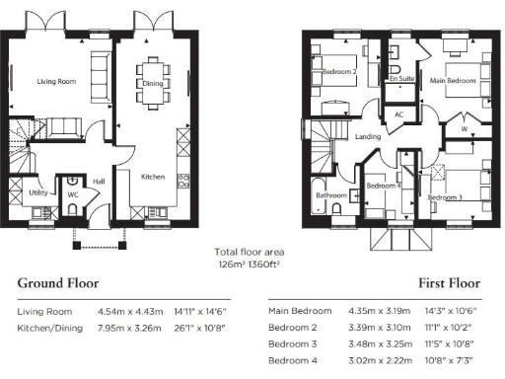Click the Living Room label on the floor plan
(x=56, y=81)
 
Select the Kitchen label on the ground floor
(x=152, y=176)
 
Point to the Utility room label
(x=38, y=192)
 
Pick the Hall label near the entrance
(x=99, y=182)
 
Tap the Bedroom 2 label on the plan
(x=339, y=71)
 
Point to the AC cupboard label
(x=399, y=114)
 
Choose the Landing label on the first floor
(x=368, y=136)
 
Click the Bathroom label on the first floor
(x=331, y=194)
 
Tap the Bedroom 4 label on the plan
(x=383, y=186)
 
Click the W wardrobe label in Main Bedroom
(x=464, y=127)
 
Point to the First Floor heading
(x=449, y=283)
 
